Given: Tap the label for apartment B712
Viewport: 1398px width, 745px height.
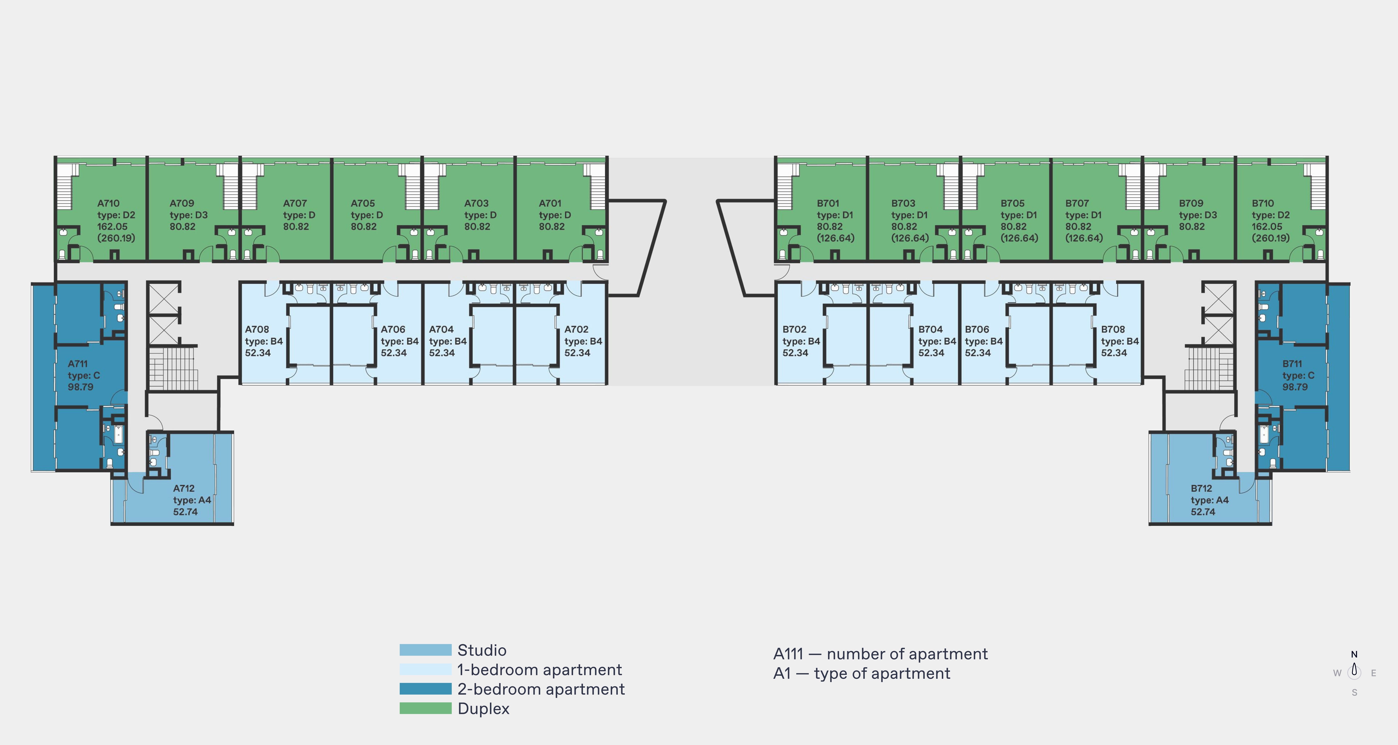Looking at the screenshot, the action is click(x=1202, y=488).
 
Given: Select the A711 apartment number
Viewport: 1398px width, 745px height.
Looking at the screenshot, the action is click(x=78, y=364).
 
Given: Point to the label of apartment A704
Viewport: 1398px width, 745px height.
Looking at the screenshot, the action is click(x=441, y=329).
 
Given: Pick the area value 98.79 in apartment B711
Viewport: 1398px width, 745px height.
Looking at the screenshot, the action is click(x=1295, y=387).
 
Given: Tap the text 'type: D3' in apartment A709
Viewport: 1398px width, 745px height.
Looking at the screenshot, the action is click(x=189, y=215).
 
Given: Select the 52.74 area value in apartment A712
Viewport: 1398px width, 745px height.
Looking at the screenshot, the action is click(x=186, y=512).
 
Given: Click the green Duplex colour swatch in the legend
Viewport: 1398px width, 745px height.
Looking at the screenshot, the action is click(x=425, y=708).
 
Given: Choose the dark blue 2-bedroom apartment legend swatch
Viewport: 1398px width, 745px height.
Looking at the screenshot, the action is click(x=425, y=689).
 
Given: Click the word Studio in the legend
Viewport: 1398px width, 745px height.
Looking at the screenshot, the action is click(x=482, y=650).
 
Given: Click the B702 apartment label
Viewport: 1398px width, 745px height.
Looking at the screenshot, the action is click(x=795, y=329).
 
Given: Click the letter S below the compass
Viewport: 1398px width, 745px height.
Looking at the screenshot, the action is click(x=1355, y=692).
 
